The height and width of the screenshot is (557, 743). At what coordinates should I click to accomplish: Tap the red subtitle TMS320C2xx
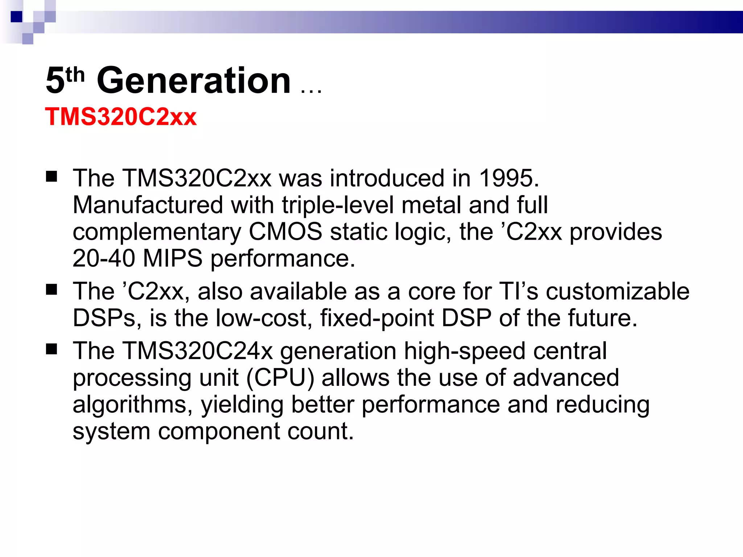click(x=120, y=117)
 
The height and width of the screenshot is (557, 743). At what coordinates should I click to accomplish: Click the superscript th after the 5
click(x=75, y=75)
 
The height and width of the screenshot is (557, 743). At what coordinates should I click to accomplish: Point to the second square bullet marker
click(x=52, y=290)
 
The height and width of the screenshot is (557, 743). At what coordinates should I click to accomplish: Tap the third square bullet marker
click(x=52, y=349)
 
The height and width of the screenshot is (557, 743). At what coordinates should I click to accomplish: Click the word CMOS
click(x=286, y=232)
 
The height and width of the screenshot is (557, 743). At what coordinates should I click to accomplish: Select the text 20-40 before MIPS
click(x=104, y=259)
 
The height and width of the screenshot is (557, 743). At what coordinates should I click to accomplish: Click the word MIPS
click(x=173, y=259)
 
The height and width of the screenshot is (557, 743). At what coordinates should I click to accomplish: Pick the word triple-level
click(x=338, y=205)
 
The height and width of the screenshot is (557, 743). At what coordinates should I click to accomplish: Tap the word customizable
click(x=617, y=292)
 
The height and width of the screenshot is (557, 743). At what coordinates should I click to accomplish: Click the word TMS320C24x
click(x=198, y=351)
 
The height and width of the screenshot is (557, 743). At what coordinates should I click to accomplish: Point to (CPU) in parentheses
click(x=280, y=378)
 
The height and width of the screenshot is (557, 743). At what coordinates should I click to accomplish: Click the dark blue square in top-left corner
click(x=16, y=17)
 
